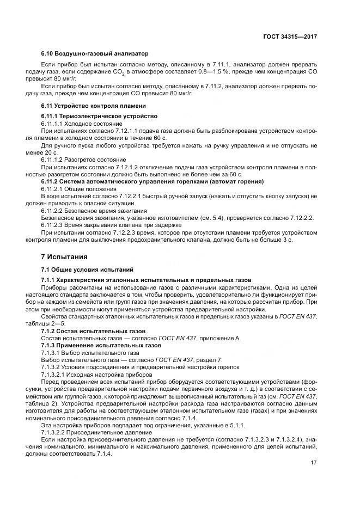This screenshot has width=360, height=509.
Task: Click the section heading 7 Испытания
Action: pyautogui.click(x=61, y=256)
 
